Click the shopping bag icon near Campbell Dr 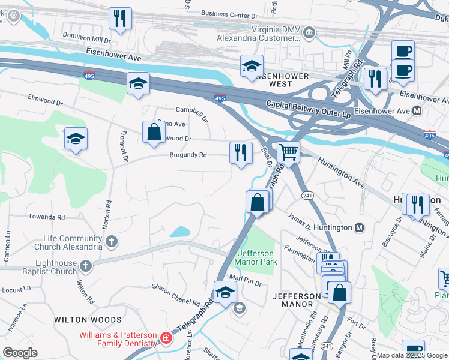click(154, 132)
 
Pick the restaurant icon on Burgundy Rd click(241, 152)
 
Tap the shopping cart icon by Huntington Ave click(289, 152)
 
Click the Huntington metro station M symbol click(360, 228)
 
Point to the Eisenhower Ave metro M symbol click(417, 112)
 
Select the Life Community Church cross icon click(110, 242)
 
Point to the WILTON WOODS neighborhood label click(88, 320)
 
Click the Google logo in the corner click(20, 352)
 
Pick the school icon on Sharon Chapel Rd click(225, 293)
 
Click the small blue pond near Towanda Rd click(179, 232)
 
